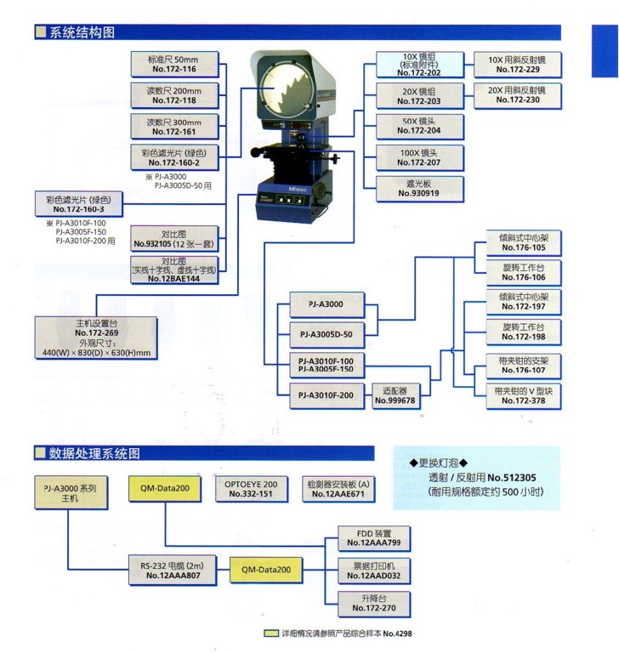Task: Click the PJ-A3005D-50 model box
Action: [x=326, y=332]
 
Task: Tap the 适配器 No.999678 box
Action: [x=394, y=395]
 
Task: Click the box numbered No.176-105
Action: [x=522, y=241]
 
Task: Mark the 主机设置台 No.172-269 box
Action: [x=95, y=338]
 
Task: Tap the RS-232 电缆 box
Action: [x=172, y=570]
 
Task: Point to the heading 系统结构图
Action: [x=81, y=32]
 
